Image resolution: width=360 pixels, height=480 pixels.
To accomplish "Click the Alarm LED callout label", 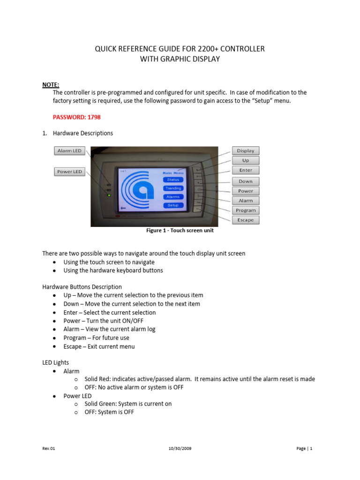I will pos(69,151).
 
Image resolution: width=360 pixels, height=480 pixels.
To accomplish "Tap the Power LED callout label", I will pos(69,172).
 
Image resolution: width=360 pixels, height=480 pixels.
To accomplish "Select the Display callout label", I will pos(245,150).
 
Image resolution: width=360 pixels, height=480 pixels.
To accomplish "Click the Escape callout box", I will pos(245,220).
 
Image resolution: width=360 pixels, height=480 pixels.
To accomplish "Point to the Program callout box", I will pos(245,210).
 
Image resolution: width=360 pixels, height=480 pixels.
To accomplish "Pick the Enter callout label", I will pos(245,170).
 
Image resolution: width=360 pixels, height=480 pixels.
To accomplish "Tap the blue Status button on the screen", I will pos(173,180).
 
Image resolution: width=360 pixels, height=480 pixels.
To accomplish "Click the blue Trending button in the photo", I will pos(173,188).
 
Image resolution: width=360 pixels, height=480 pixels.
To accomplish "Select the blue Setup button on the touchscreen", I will pos(173,205).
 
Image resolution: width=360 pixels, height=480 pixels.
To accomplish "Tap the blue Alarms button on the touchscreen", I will pos(173,197).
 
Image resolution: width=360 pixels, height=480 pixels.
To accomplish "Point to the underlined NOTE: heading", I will pos(51,84).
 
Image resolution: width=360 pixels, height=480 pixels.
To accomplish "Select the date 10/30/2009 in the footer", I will pos(180,449).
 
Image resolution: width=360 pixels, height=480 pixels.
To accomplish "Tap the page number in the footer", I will pos(304,449).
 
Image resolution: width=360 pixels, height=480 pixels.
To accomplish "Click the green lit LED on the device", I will pos(109,195).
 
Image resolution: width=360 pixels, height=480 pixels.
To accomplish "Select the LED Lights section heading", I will pos(55,362).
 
